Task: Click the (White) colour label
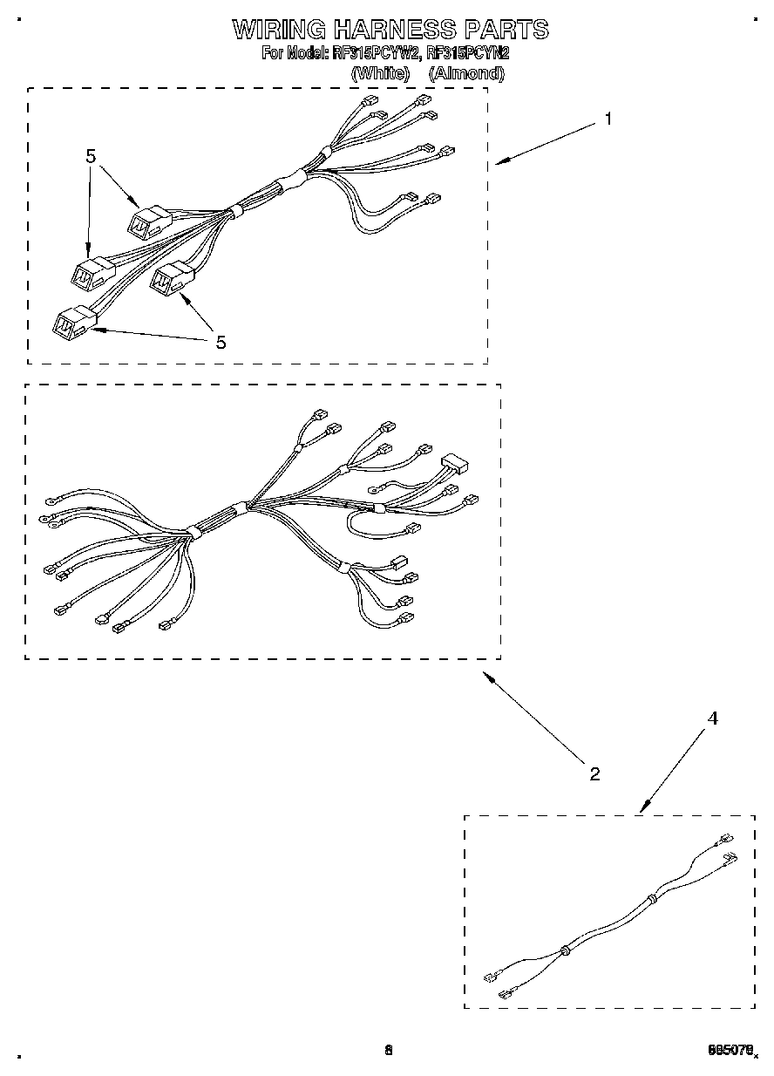pyautogui.click(x=380, y=73)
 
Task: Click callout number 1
pyautogui.click(x=608, y=119)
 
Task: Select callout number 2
pyautogui.click(x=594, y=773)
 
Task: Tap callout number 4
pyautogui.click(x=712, y=718)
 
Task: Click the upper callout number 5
pyautogui.click(x=91, y=156)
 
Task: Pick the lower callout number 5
pyautogui.click(x=221, y=343)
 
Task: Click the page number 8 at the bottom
pyautogui.click(x=389, y=1050)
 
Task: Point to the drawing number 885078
pyautogui.click(x=730, y=1051)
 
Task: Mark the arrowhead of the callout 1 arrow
pyautogui.click(x=500, y=161)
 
